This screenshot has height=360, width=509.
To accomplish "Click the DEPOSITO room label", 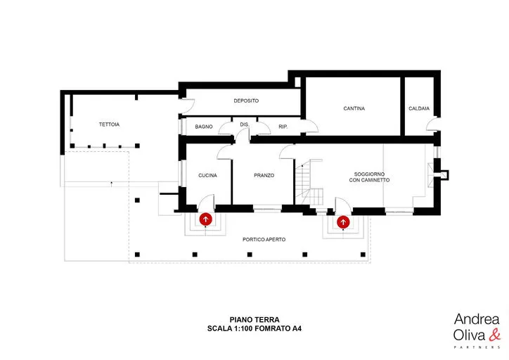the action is (x=246, y=101).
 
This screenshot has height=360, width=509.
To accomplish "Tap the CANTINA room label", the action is (x=354, y=108).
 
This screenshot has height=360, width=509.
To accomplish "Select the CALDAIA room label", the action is (x=419, y=108).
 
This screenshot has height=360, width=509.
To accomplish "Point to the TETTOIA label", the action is (x=109, y=124).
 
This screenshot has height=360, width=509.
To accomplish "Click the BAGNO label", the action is (x=204, y=127).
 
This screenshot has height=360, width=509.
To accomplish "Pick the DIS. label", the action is (x=245, y=124).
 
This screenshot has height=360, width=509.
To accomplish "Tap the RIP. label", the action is (x=283, y=127).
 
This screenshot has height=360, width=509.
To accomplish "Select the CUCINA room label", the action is (x=208, y=175).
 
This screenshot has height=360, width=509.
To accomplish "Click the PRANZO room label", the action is (x=264, y=175).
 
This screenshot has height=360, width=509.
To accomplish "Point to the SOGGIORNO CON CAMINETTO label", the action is (x=369, y=177).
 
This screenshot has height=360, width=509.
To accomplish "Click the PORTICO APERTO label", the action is (x=264, y=240).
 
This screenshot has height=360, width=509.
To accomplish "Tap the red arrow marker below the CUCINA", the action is (x=205, y=219).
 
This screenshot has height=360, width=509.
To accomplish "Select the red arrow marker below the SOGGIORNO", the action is (x=343, y=222).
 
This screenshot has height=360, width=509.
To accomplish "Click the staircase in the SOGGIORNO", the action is (x=309, y=182).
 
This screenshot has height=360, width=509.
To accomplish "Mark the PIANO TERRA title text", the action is (x=254, y=320).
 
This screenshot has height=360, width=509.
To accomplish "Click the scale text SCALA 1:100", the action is (x=230, y=328).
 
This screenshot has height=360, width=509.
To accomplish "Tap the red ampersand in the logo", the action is (x=495, y=335).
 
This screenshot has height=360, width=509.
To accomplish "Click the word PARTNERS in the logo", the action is (x=477, y=347).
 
